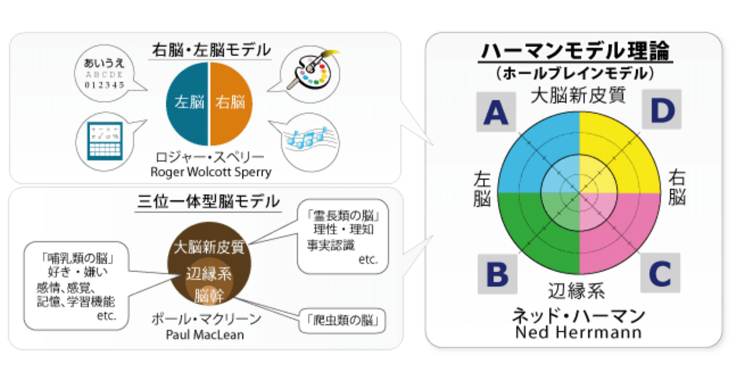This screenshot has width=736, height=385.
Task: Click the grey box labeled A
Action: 496,112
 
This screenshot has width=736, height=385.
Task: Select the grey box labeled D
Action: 661,111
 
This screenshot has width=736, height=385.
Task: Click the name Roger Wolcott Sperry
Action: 210,171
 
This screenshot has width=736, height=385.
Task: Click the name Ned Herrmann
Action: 578,332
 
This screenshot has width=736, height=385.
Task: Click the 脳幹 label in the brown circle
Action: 209,297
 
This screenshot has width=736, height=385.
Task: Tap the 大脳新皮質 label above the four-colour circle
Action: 578,95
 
